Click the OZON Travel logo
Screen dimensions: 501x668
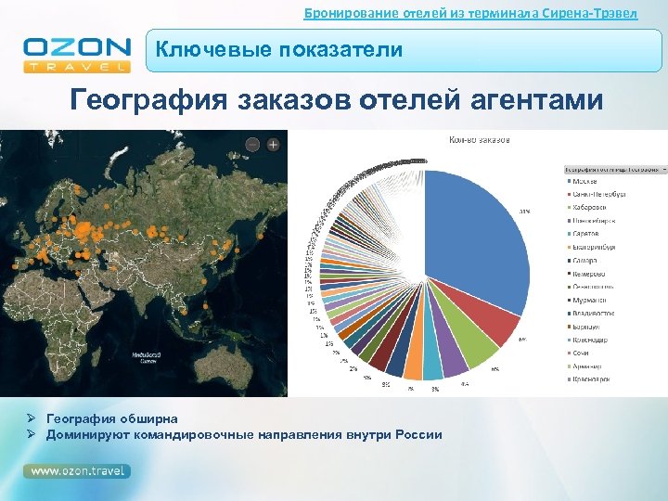76,54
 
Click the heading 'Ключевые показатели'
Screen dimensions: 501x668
279,50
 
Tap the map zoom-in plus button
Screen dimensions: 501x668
274,145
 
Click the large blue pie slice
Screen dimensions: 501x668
473,241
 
